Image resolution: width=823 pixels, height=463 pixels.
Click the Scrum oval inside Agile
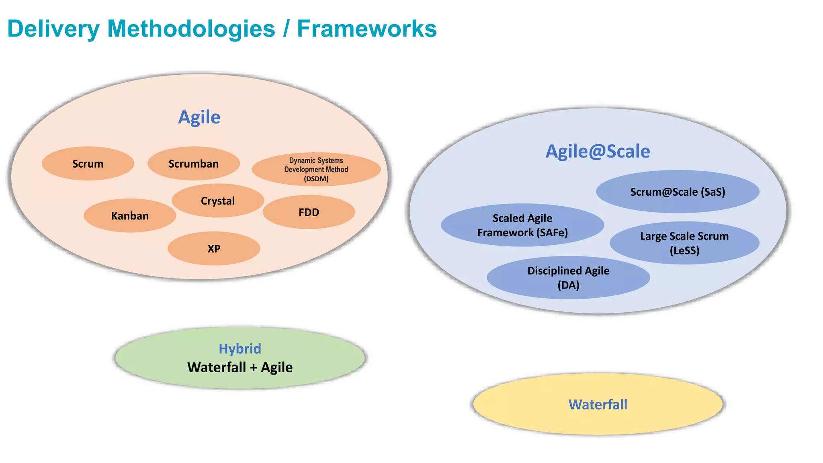pyautogui.click(x=88, y=164)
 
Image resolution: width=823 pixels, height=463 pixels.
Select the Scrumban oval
pyautogui.click(x=193, y=164)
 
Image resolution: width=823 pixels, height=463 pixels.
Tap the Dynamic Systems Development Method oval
pyautogui.click(x=316, y=169)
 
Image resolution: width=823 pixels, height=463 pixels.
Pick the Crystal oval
pyautogui.click(x=217, y=201)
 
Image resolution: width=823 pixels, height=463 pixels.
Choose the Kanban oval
pyautogui.click(x=130, y=216)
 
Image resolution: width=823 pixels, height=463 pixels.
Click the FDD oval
pyautogui.click(x=309, y=212)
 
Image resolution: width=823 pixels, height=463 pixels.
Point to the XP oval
pyautogui.click(x=214, y=249)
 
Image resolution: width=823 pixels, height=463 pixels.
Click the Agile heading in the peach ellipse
pyautogui.click(x=199, y=117)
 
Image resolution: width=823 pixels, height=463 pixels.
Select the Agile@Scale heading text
pyautogui.click(x=598, y=152)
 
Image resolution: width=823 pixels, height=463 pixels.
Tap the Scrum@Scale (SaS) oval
pyautogui.click(x=678, y=192)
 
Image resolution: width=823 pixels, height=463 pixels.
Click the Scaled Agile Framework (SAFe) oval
pyautogui.click(x=522, y=225)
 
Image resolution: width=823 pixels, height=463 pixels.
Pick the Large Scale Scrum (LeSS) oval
pyautogui.click(x=684, y=243)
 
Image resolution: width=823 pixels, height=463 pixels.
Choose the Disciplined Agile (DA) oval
pyautogui.click(x=568, y=278)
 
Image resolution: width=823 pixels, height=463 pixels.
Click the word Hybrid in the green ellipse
pyautogui.click(x=240, y=348)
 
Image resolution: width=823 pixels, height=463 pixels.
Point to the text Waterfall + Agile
pyautogui.click(x=240, y=367)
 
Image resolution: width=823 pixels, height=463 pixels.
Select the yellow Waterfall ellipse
pyautogui.click(x=598, y=404)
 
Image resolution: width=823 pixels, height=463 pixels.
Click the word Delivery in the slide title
pyautogui.click(x=53, y=29)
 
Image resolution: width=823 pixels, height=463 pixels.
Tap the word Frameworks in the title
pyautogui.click(x=366, y=29)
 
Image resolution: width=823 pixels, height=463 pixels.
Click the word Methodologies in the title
pyautogui.click(x=191, y=29)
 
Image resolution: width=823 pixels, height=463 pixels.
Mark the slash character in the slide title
pyautogui.click(x=286, y=29)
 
